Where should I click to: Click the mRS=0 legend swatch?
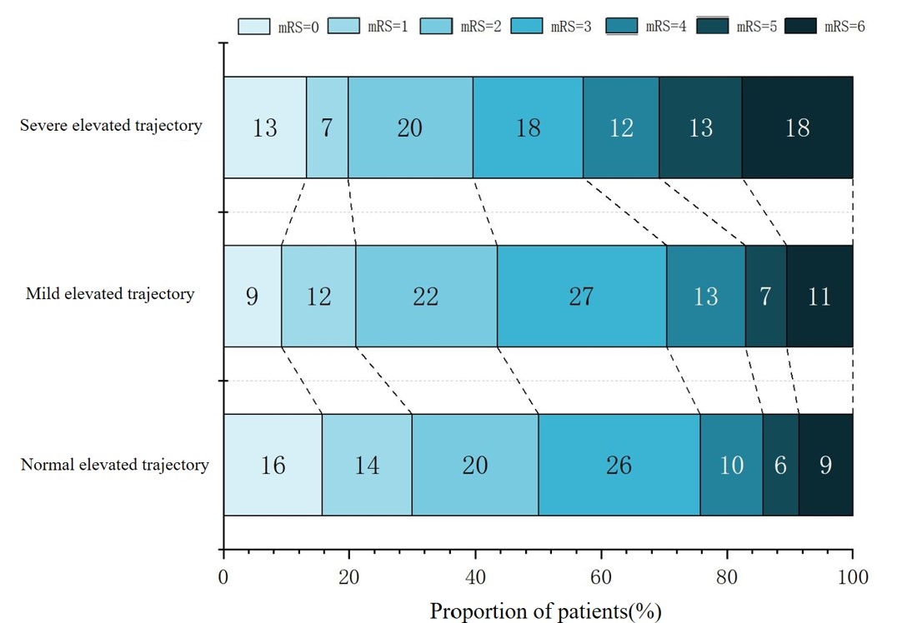(x=255, y=26)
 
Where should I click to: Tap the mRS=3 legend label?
(x=572, y=27)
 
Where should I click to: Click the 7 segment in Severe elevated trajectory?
(x=327, y=127)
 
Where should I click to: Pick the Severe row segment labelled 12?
(x=621, y=127)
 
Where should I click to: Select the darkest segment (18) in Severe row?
(x=797, y=127)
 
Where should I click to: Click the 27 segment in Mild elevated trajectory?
(x=582, y=296)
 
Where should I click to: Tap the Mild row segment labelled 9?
(x=252, y=296)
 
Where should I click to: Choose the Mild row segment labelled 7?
(x=765, y=296)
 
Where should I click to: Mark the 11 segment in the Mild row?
(x=819, y=296)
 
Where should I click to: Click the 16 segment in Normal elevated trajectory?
(x=273, y=465)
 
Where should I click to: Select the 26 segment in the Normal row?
(x=619, y=465)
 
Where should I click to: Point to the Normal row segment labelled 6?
(x=780, y=465)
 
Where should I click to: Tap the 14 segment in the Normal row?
(x=367, y=465)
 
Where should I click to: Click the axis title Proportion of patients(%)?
(x=546, y=611)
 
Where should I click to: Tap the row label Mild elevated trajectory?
(x=110, y=294)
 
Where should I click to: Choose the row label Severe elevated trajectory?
(x=112, y=127)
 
